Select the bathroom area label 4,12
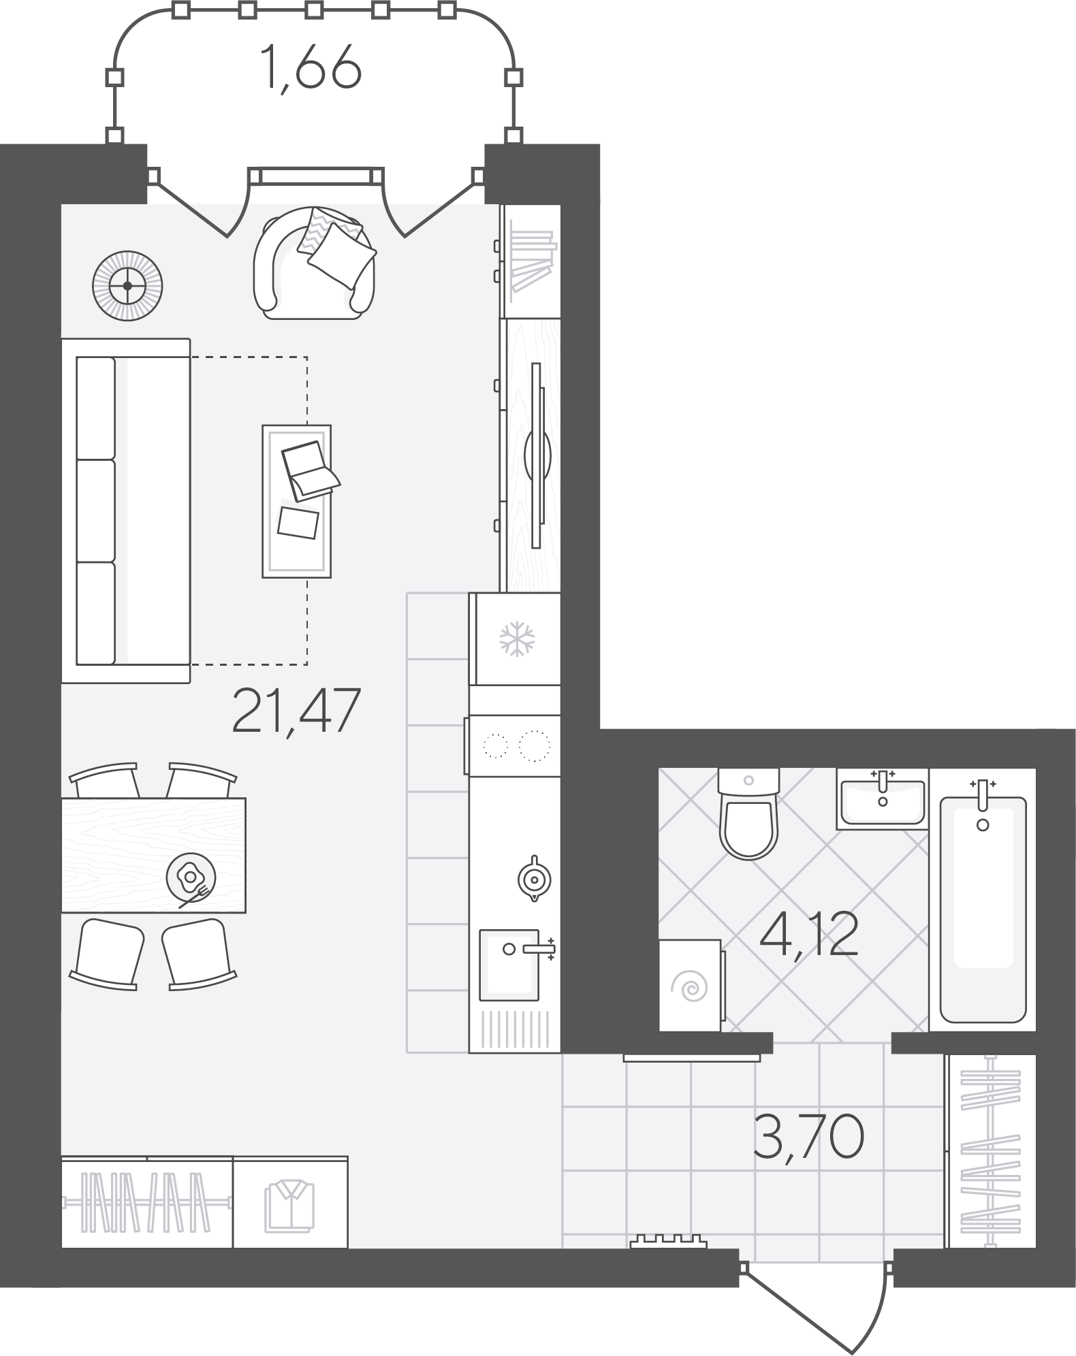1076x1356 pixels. point(808,935)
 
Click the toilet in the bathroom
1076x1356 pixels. point(748,813)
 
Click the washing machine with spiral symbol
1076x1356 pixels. point(691,985)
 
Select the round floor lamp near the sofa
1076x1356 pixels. point(127,286)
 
